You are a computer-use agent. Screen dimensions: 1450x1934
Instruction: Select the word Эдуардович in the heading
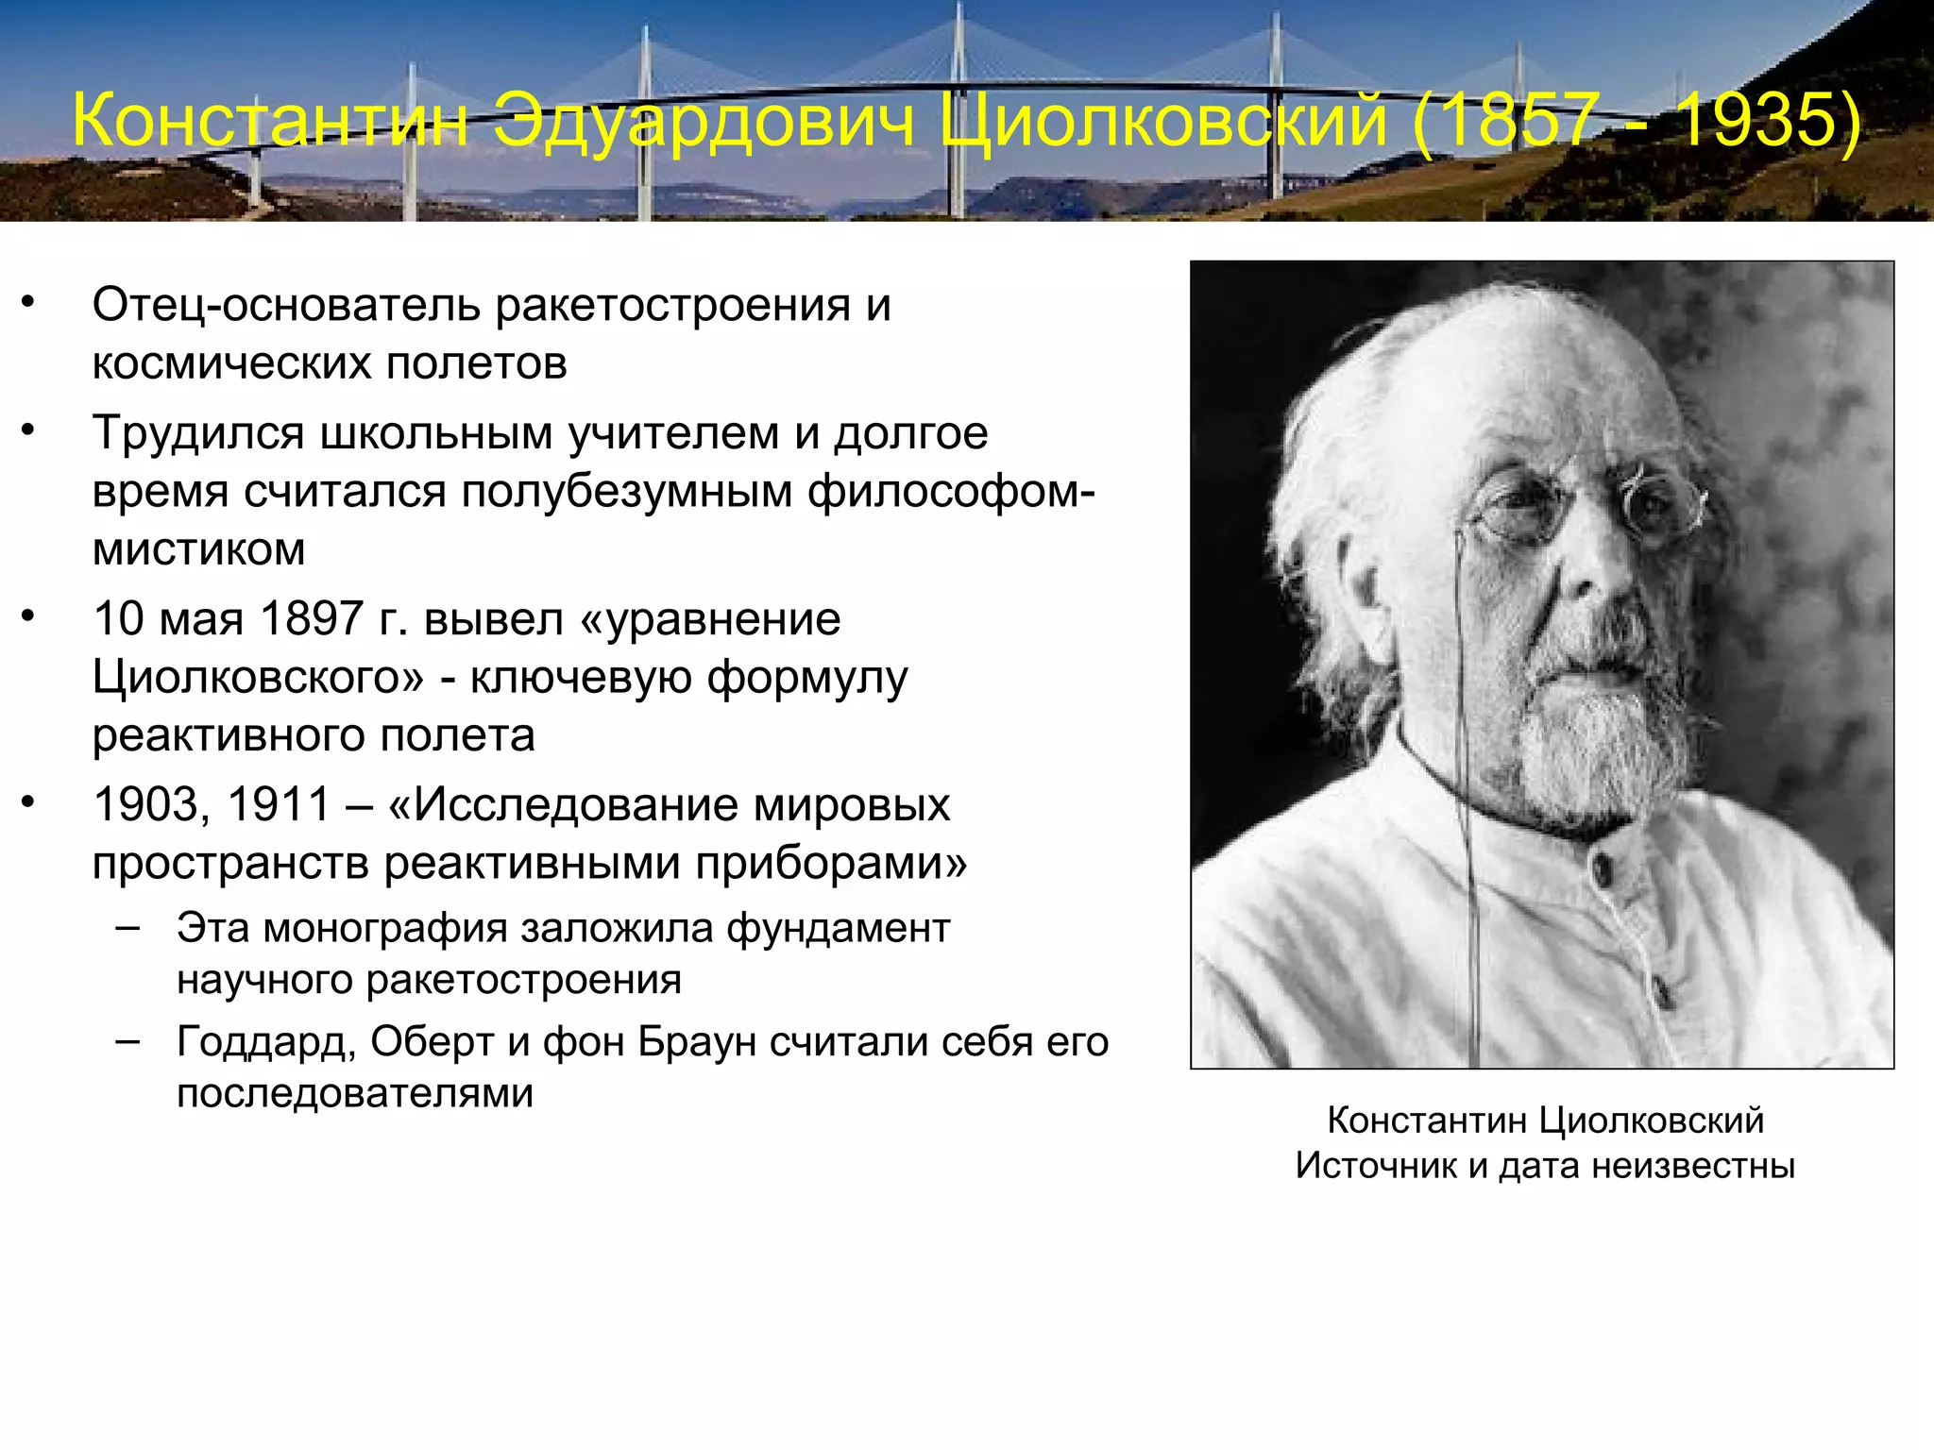point(704,121)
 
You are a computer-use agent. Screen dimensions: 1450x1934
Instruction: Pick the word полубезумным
point(626,492)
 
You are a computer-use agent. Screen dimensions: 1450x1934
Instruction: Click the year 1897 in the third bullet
point(312,619)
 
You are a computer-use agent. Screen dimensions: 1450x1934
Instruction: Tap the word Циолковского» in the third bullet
point(258,677)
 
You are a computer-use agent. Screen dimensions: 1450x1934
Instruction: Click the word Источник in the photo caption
point(1376,1166)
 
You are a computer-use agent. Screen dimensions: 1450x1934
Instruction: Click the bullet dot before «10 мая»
point(28,617)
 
